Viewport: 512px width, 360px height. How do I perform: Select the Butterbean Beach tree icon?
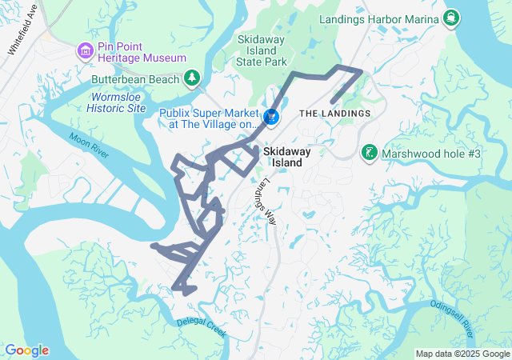(191, 78)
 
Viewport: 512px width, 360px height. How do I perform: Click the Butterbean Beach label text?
(135, 78)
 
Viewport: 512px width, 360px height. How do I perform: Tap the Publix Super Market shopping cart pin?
(272, 118)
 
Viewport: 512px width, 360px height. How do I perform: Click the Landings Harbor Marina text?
(379, 18)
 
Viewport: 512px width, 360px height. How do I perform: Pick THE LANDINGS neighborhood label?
(334, 114)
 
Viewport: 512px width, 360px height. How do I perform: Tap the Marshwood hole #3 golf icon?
(369, 152)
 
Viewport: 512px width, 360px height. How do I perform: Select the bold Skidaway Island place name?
(283, 156)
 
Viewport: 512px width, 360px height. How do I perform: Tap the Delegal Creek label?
(202, 325)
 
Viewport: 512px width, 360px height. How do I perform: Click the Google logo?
(26, 350)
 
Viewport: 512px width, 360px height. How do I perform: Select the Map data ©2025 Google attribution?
(462, 354)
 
